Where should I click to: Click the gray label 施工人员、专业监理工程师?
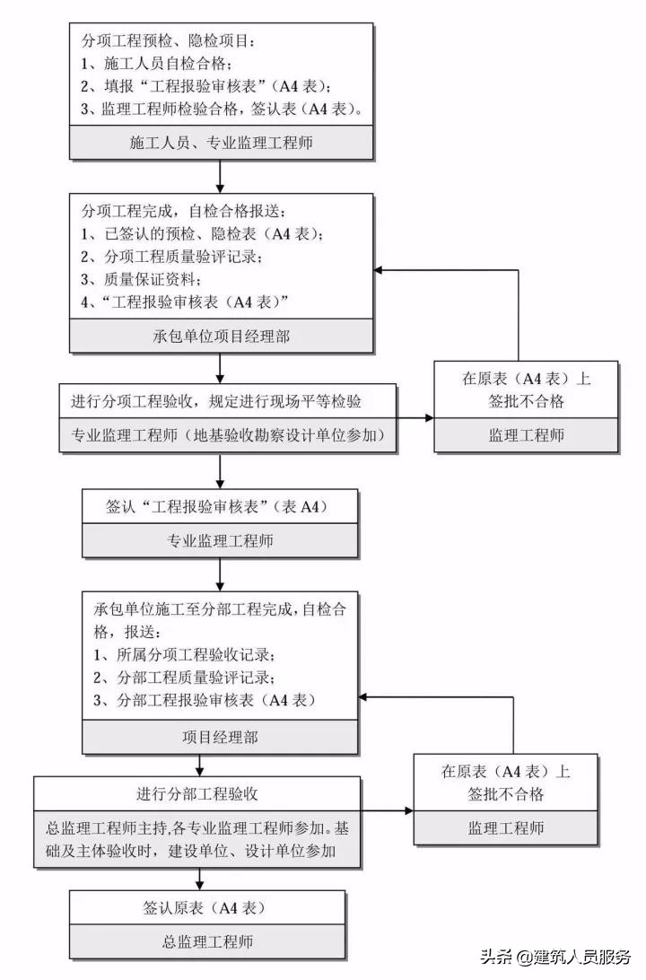pyautogui.click(x=221, y=143)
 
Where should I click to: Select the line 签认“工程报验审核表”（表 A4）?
pyautogui.click(x=219, y=507)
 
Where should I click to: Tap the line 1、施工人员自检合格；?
pyautogui.click(x=158, y=64)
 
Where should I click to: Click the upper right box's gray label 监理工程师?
pyautogui.click(x=526, y=435)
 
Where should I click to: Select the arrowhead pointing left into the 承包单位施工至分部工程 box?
pyautogui.click(x=364, y=696)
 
